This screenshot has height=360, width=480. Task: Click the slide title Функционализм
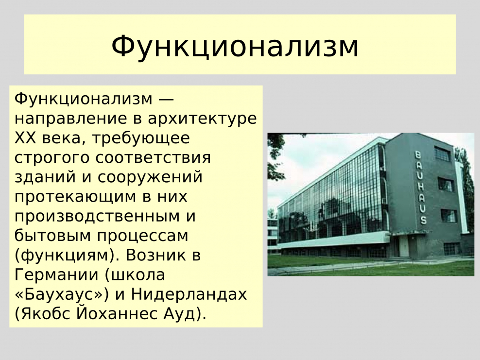point(235,46)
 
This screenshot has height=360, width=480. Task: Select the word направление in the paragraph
point(64,119)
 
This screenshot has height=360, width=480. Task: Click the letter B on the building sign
point(417,155)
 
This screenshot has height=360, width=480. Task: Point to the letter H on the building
point(419,187)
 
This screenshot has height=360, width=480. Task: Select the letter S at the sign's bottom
point(423,220)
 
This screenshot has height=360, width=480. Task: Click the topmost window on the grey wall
point(443,154)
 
